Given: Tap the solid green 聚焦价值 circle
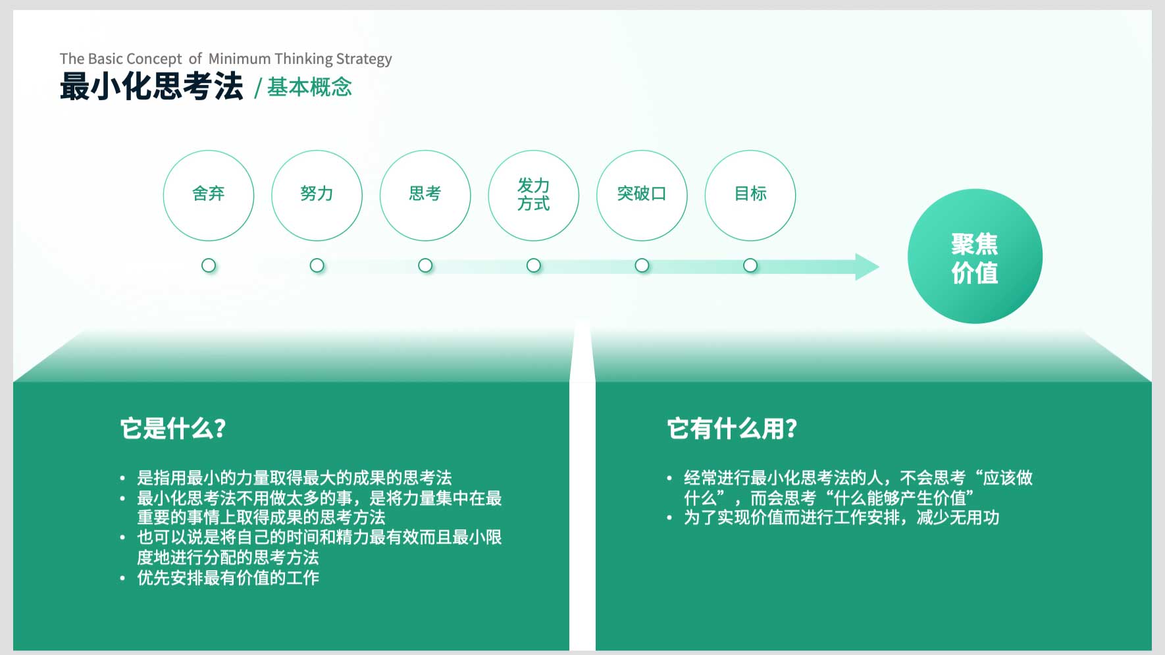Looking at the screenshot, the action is pos(975,256).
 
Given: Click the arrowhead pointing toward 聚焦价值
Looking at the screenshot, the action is pos(867,267).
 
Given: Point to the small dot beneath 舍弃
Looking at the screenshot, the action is pos(209,265).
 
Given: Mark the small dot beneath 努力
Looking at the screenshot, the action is pos(317,265).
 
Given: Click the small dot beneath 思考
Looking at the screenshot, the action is pos(425,265).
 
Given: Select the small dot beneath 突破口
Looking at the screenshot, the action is pos(642,265).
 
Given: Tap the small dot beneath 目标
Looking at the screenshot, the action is pos(750,265).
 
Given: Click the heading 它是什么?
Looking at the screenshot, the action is pos(173,429).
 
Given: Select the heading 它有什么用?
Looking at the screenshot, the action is pos(732,429).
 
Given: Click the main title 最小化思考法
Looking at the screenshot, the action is pos(151,87).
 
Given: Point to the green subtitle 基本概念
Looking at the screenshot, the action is pos(309,88).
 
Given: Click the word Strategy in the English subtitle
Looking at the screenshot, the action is pos(364,59).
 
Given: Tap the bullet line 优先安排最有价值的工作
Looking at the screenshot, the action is pos(228,578).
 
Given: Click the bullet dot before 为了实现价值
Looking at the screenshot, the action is pos(669,518).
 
